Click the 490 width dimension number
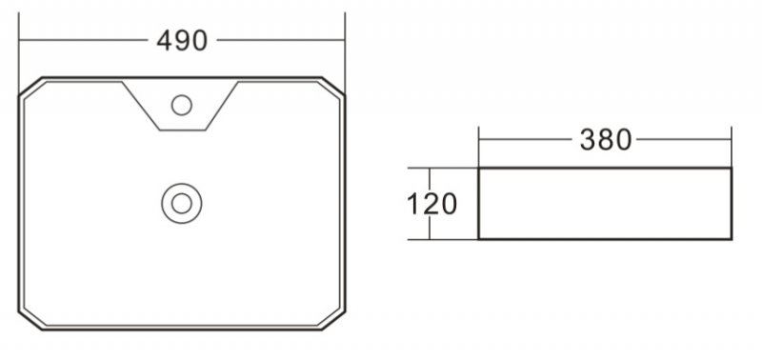coord(181,41)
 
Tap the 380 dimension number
coord(606,140)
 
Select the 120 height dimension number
coord(431,204)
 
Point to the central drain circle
coord(181,203)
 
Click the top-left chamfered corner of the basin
coord(30,87)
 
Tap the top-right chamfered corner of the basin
coord(333,87)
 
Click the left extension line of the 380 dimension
coord(478,148)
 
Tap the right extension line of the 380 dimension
coord(732,148)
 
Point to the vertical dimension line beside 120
coord(431,229)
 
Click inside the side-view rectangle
coord(605,204)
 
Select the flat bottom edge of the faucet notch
coord(181,129)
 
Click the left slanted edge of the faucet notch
coord(140,105)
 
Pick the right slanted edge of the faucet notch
coord(222,105)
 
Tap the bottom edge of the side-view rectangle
coord(605,238)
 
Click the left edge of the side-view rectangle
coord(478,204)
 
